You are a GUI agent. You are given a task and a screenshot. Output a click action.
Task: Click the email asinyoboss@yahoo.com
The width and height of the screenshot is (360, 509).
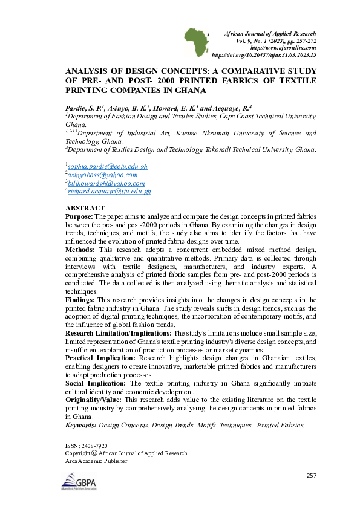(x=102, y=175)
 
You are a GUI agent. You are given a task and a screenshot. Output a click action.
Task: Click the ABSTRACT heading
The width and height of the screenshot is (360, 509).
(x=85, y=207)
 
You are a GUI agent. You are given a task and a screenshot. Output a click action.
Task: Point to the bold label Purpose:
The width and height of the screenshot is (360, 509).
(x=79, y=216)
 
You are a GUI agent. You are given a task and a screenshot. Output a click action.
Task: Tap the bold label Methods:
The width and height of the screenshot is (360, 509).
(x=80, y=250)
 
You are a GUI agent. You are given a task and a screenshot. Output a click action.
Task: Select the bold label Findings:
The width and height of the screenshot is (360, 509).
(x=80, y=300)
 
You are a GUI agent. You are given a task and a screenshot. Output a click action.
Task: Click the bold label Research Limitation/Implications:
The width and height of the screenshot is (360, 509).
(x=119, y=333)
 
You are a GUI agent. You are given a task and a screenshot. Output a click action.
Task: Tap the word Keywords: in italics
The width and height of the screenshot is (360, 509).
(x=80, y=426)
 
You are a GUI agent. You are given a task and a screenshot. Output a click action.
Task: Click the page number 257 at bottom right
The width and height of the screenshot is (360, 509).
(x=312, y=476)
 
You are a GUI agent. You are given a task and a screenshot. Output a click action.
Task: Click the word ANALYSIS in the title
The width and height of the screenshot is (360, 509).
(x=86, y=71)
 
